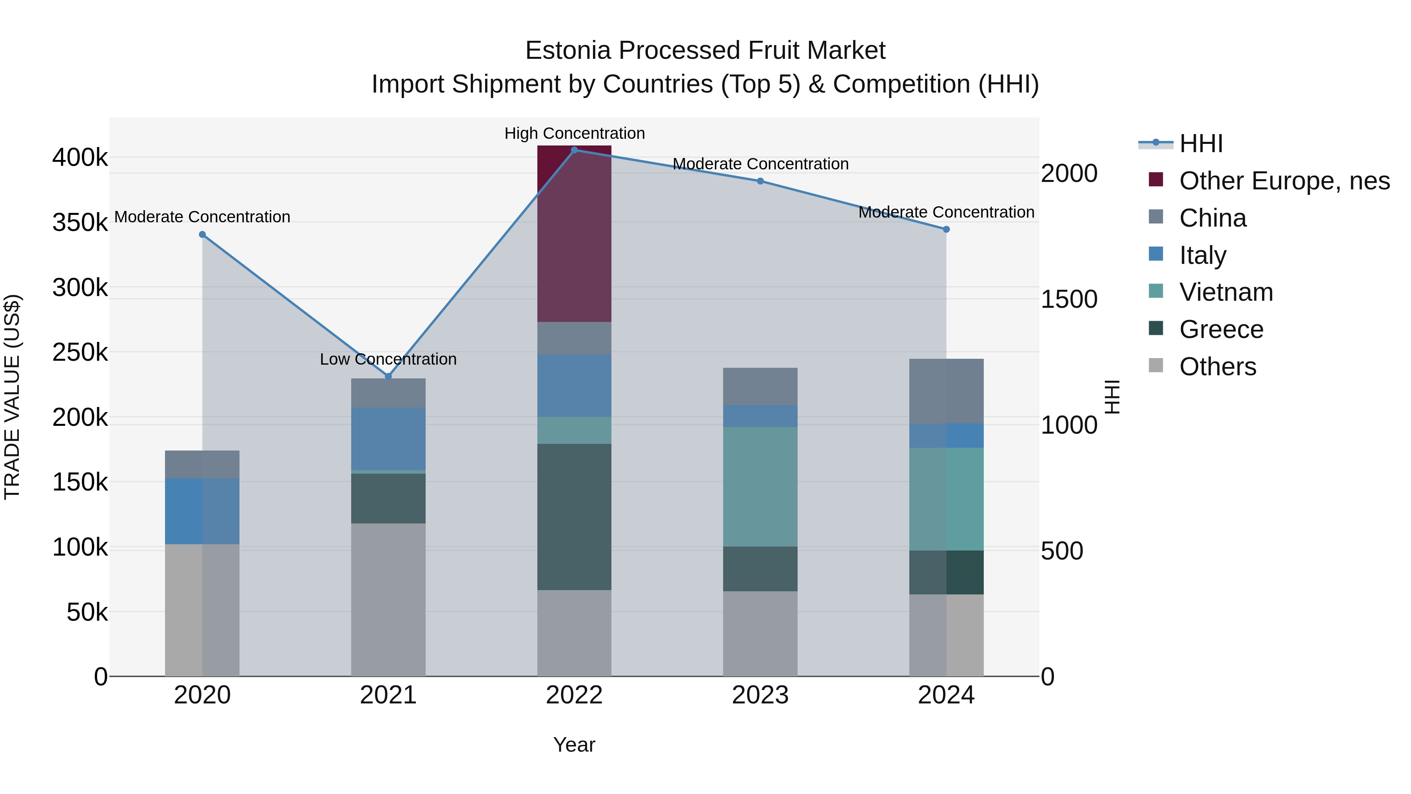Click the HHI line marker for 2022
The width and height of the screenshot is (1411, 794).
click(x=574, y=150)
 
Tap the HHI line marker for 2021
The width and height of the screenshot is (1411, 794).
click(x=388, y=376)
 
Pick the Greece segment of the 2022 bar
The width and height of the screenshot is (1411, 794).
click(x=574, y=517)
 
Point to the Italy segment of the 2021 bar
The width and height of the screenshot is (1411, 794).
click(x=388, y=438)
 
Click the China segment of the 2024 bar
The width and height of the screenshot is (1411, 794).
click(x=946, y=391)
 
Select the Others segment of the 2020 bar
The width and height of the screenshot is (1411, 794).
click(x=202, y=610)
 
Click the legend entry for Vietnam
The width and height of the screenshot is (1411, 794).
click(x=1226, y=292)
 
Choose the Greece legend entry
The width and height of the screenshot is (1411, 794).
click(x=1221, y=329)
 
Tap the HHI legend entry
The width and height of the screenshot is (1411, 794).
click(x=1201, y=144)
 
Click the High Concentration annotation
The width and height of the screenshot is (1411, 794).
click(x=574, y=133)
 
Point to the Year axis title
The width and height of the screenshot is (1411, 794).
click(x=574, y=745)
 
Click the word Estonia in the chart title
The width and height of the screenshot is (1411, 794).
click(x=568, y=51)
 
